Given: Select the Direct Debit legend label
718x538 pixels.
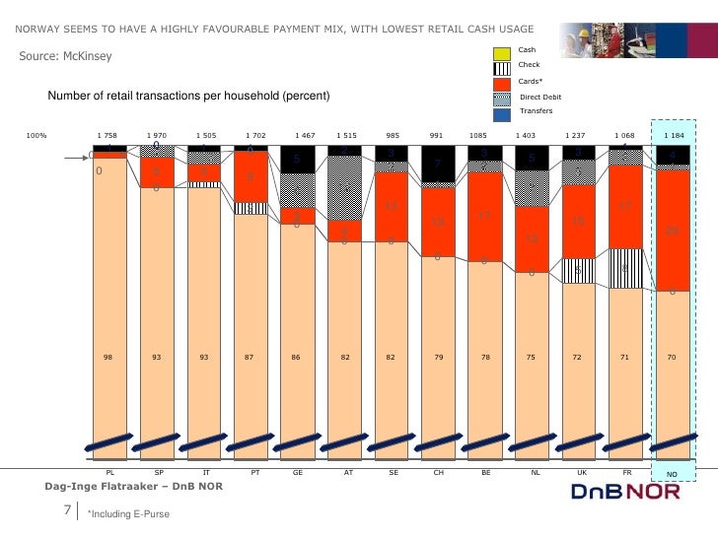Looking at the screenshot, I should [539, 98].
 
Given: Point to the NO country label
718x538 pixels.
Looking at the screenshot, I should [672, 475].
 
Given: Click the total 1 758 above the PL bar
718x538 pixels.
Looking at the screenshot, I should [108, 134].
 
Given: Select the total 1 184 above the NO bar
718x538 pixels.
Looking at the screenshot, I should [674, 134].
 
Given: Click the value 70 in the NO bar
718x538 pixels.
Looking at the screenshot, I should [672, 358].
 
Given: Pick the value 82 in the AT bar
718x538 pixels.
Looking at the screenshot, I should [345, 358].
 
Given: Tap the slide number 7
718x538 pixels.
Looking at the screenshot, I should [68, 509].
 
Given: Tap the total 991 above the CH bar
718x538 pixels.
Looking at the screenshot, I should [437, 134].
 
